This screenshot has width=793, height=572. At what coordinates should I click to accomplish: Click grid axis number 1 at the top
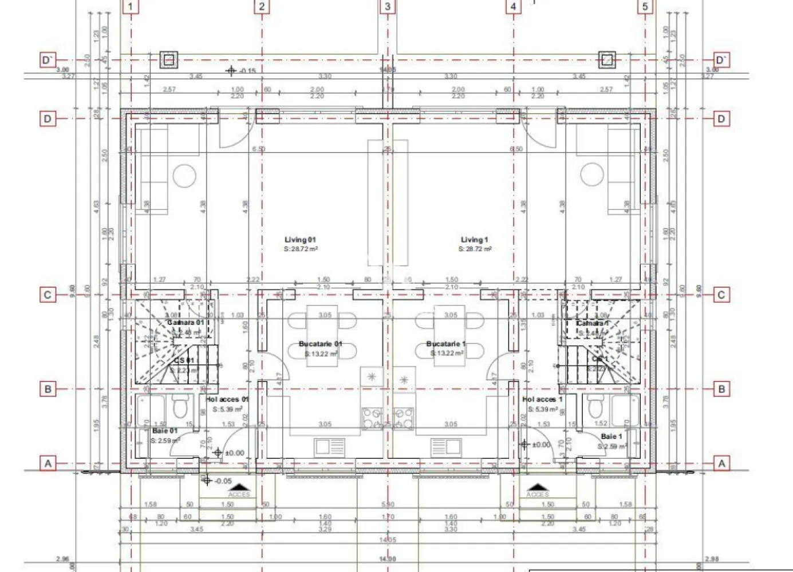[131, 7]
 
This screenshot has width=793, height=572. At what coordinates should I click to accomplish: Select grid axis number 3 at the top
[388, 7]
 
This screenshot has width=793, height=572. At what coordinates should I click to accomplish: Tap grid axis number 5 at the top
[645, 7]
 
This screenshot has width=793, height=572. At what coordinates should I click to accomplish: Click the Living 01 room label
[301, 240]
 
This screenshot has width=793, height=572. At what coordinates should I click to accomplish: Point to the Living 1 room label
[475, 240]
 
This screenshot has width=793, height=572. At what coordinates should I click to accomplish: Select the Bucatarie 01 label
[321, 344]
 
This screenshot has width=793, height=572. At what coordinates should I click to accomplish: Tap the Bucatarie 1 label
[446, 344]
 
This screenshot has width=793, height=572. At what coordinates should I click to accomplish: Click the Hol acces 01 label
[227, 399]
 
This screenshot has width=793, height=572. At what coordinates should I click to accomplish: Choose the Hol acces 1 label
[542, 399]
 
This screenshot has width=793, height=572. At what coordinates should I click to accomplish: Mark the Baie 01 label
[165, 431]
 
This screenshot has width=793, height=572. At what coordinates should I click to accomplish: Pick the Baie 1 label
[611, 436]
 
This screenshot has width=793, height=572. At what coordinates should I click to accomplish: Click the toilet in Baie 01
[179, 408]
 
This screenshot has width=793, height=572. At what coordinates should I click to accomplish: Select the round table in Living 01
[185, 176]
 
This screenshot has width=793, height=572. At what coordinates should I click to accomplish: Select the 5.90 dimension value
[388, 505]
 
